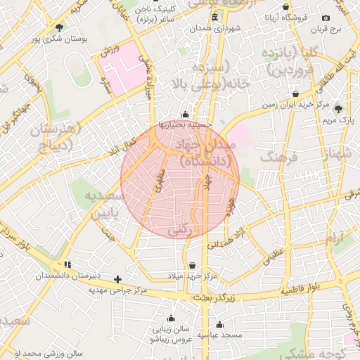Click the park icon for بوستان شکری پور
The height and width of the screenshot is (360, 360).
(58, 27)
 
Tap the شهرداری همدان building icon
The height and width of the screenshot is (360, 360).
(214, 17)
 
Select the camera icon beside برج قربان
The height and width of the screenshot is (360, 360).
(325, 18)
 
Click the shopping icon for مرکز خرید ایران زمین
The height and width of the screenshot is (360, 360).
(295, 94)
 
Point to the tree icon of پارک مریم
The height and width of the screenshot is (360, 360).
(338, 108)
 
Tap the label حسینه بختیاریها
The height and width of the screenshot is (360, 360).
(185, 125)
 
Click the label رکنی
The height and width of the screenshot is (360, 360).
(180, 230)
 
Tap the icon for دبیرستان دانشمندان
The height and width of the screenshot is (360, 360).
(67, 264)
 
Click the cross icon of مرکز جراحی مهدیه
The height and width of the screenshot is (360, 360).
(118, 279)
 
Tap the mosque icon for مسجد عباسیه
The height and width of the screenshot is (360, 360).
(220, 325)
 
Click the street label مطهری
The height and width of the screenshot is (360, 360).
(160, 183)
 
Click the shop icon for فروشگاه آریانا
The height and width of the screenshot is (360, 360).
(285, 6)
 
